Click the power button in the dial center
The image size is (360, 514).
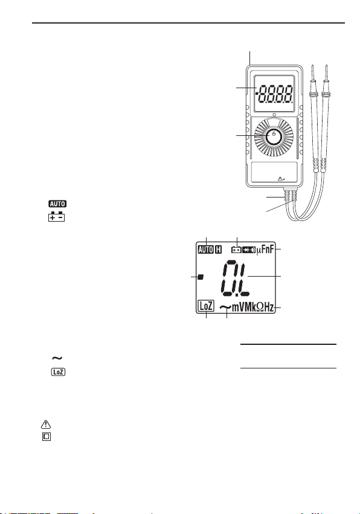(274, 137)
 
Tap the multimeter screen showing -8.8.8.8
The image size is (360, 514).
(274, 94)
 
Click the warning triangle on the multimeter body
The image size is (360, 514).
(280, 179)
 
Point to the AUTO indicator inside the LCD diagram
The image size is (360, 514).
(205, 249)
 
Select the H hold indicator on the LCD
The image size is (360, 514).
(219, 249)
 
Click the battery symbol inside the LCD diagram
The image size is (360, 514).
(236, 250)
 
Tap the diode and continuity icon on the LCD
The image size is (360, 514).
(249, 250)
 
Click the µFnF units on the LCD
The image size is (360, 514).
(265, 250)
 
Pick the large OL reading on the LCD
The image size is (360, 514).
(235, 277)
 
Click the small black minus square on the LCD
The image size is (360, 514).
(201, 277)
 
